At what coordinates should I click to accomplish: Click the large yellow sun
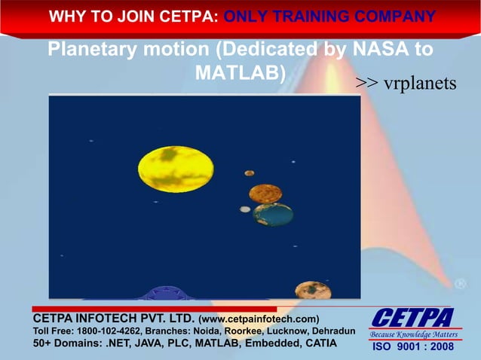click(x=176, y=169)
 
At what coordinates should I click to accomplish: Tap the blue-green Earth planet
click(x=273, y=215)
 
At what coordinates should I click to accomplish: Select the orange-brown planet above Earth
click(x=265, y=194)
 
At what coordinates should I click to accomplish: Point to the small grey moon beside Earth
click(x=245, y=209)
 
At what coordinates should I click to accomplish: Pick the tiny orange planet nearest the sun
click(x=249, y=173)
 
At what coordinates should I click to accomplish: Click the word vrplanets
click(x=420, y=82)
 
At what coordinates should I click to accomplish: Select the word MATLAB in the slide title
click(x=236, y=73)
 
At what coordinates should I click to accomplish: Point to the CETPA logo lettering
click(x=412, y=317)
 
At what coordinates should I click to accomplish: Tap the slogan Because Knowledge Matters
click(x=414, y=334)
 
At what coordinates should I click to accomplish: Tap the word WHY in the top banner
click(x=67, y=16)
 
